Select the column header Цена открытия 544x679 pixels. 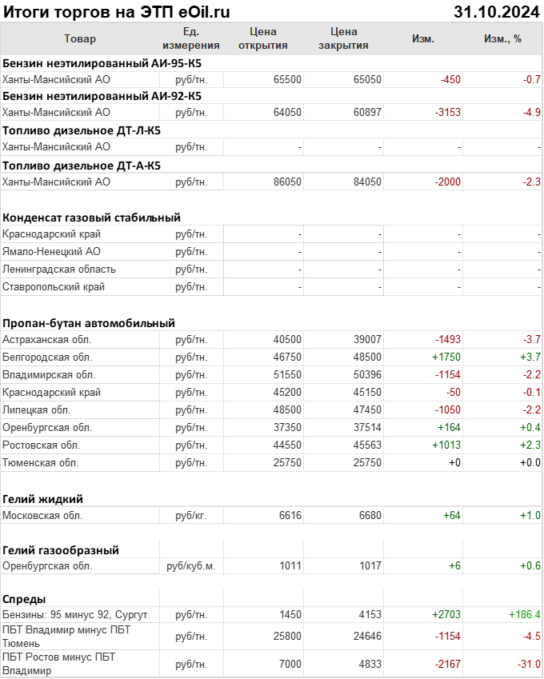point(263,38)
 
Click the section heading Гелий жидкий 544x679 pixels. point(43,498)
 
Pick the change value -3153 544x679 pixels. point(447,112)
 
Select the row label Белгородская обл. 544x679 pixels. point(47,357)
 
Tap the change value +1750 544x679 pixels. point(446,357)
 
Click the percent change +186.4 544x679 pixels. point(524,614)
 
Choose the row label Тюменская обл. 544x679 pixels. point(41,462)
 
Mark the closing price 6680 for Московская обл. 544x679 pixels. point(367,515)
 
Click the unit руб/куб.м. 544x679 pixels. point(191,565)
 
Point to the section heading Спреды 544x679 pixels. point(24,598)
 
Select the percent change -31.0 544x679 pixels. point(527,664)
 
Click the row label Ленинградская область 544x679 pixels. point(59,269)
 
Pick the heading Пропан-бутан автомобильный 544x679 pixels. point(89,323)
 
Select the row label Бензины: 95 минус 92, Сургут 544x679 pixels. point(75,614)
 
